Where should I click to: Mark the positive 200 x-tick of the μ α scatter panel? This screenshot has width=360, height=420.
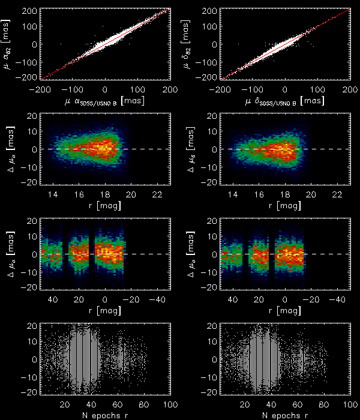170,89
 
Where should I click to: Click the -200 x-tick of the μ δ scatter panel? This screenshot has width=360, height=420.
221,89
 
